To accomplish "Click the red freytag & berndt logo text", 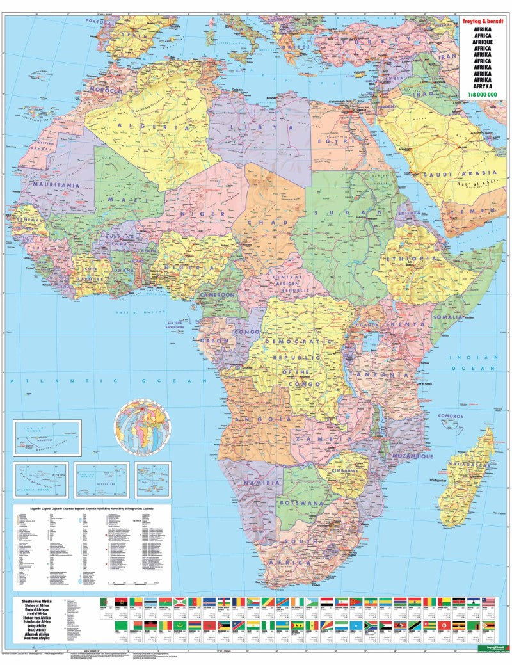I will (484, 20).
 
